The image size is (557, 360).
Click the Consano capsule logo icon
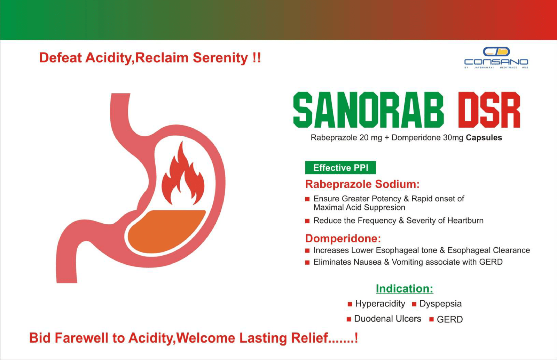point(496,52)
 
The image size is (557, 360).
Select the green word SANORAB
point(368,110)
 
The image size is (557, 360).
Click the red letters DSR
point(489,110)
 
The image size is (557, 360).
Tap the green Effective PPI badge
point(340,168)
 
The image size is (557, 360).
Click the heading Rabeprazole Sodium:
point(362,184)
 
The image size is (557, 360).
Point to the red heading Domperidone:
point(343,239)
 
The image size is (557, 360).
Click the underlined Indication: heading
point(404,289)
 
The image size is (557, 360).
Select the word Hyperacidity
point(380,304)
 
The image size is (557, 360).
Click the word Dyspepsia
point(440,304)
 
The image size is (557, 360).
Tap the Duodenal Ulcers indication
point(387,319)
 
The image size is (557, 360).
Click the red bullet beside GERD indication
point(431,319)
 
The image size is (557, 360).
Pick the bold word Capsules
point(484,138)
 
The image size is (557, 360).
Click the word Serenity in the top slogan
point(220,58)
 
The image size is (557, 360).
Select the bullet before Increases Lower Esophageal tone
point(307,251)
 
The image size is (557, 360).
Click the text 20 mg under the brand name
point(370,138)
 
